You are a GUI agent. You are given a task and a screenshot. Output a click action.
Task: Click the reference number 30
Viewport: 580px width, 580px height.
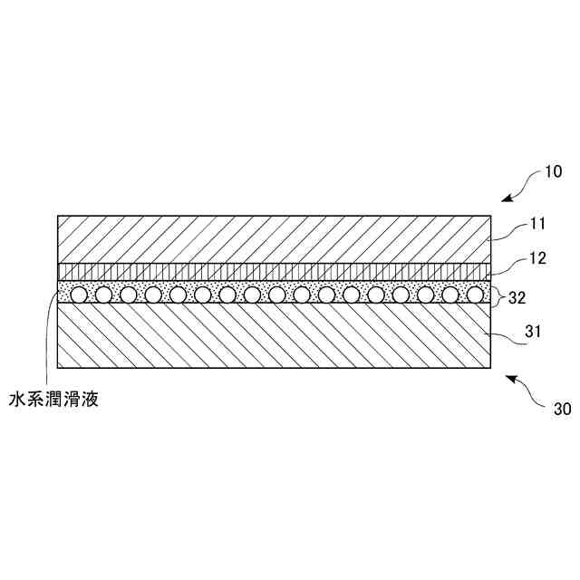point(561,408)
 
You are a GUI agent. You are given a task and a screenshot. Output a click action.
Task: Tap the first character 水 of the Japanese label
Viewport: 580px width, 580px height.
point(16,398)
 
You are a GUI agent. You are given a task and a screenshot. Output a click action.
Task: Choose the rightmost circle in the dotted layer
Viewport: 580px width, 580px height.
point(475,294)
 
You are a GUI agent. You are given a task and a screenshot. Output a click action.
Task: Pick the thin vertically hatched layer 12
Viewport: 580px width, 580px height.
point(272,271)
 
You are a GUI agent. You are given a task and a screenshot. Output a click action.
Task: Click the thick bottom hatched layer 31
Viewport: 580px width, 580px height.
point(272,335)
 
